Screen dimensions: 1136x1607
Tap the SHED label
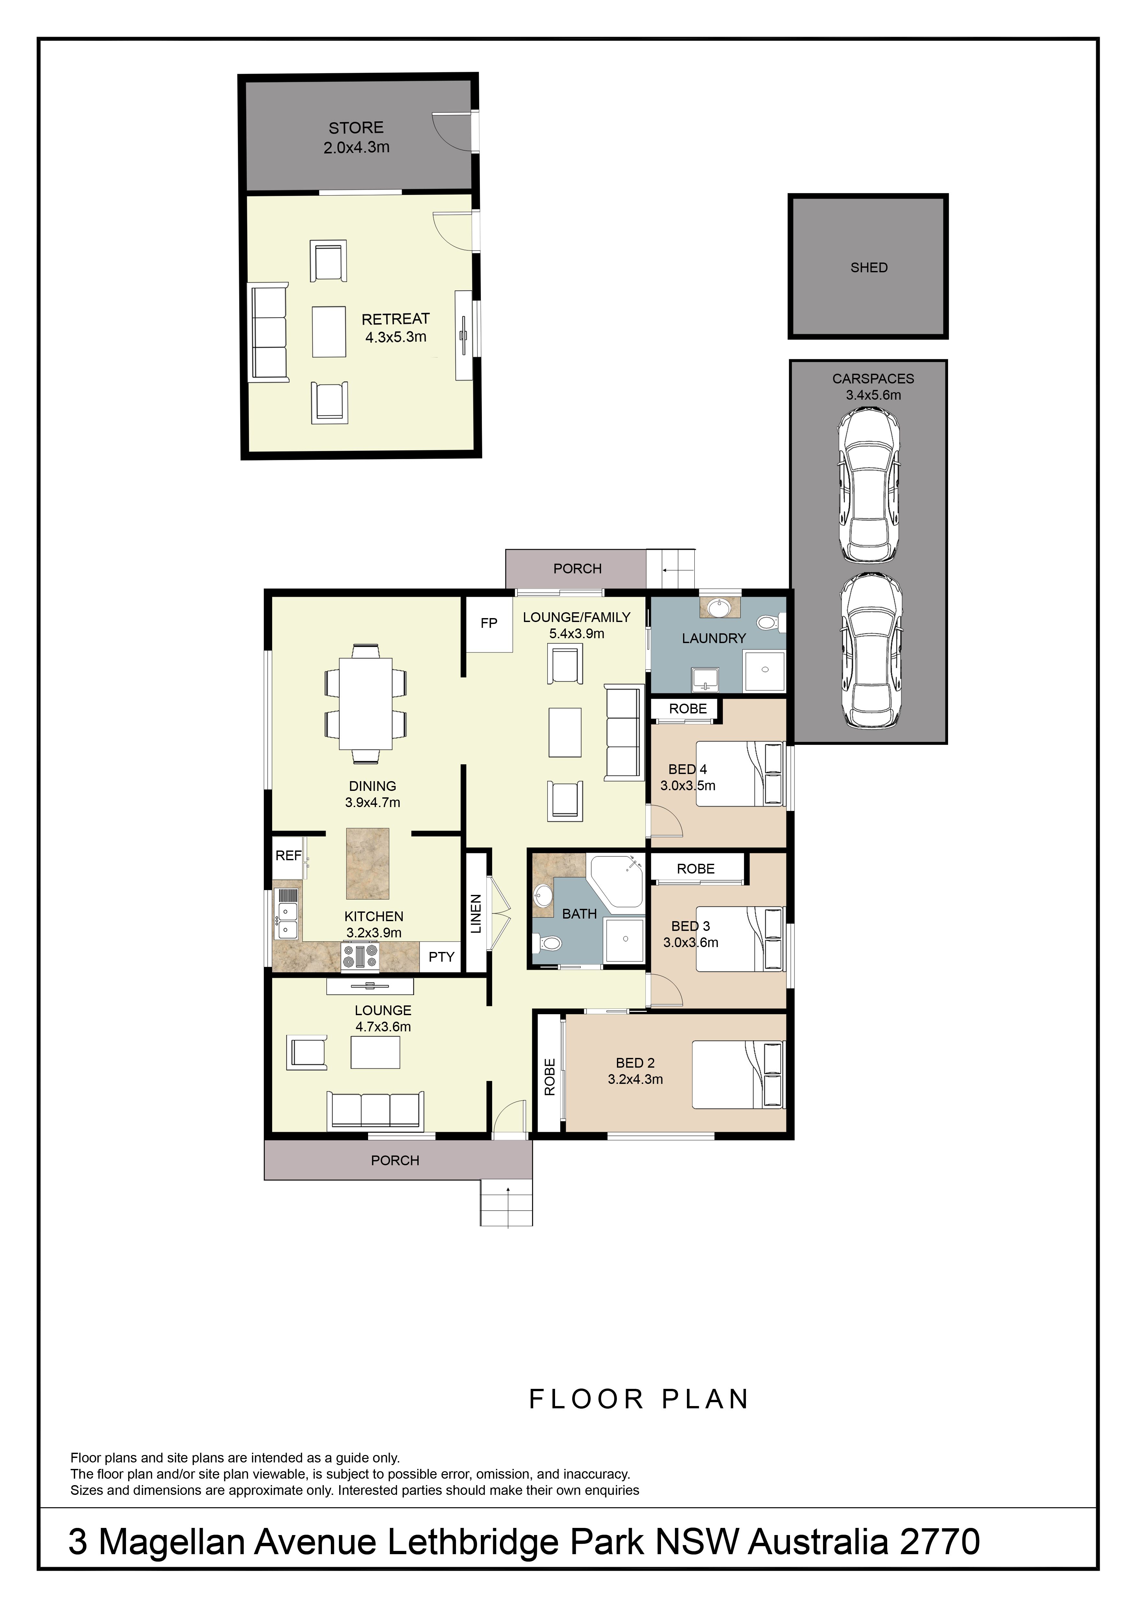pos(869,267)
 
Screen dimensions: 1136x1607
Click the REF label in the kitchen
pos(288,855)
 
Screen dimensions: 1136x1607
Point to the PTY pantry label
pos(441,957)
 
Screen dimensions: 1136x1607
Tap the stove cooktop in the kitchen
pos(360,957)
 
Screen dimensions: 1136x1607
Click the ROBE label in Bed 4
pos(688,709)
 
